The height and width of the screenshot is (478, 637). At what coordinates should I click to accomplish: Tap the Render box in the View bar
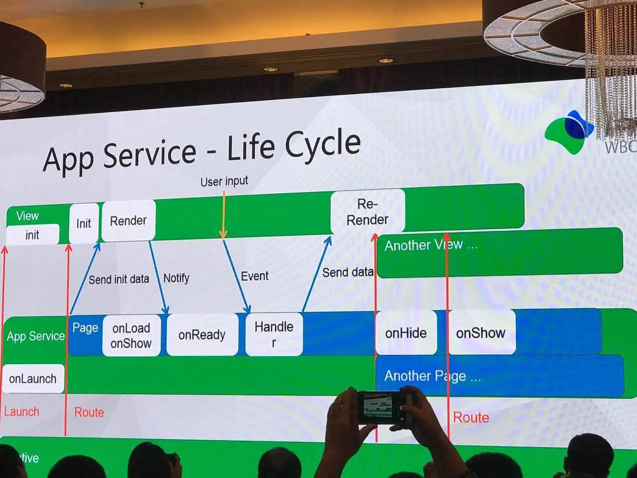(x=128, y=221)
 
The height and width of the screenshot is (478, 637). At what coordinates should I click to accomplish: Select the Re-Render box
(x=367, y=212)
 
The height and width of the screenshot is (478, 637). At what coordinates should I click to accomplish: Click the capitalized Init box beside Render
(x=84, y=223)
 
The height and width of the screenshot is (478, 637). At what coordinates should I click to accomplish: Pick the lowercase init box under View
(x=32, y=235)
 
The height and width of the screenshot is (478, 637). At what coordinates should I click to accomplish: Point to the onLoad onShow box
(x=131, y=336)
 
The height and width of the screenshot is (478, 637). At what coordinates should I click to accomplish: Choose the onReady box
(x=202, y=335)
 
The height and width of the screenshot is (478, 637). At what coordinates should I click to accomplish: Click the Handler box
(x=274, y=334)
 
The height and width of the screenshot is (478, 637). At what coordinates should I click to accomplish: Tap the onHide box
(x=406, y=333)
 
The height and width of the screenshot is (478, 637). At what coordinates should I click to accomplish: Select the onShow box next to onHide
(x=481, y=333)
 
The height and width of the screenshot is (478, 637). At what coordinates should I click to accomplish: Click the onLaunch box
(x=33, y=378)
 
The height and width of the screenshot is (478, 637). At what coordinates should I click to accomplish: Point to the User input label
(x=224, y=181)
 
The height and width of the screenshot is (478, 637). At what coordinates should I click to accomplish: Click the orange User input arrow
(x=223, y=214)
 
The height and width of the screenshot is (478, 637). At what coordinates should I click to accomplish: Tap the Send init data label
(x=118, y=279)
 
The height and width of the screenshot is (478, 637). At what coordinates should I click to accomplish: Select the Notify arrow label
(x=176, y=278)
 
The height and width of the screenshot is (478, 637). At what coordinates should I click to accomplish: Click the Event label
(x=254, y=276)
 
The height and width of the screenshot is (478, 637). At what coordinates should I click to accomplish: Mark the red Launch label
(x=21, y=412)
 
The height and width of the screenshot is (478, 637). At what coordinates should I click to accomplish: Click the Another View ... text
(x=431, y=245)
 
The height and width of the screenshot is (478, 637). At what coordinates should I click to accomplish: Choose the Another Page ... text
(x=432, y=376)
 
